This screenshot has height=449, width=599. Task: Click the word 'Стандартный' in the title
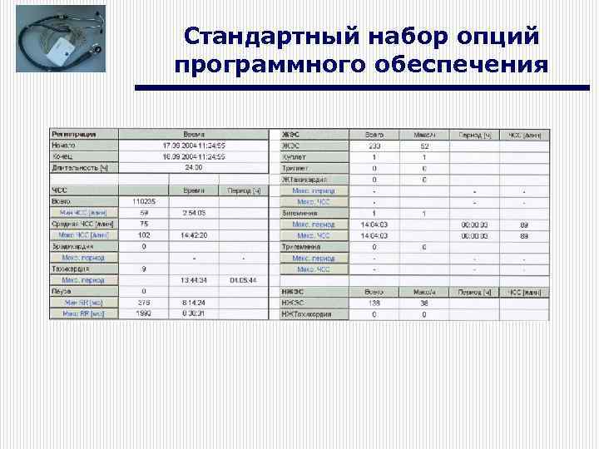[251, 37]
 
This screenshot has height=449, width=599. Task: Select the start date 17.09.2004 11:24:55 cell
[194, 145]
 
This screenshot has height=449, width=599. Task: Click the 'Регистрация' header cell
[74, 134]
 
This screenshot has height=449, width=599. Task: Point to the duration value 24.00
[194, 167]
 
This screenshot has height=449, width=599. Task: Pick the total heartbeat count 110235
[144, 201]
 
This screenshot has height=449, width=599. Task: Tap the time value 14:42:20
[194, 235]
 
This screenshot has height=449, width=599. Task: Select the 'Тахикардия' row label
[71, 269]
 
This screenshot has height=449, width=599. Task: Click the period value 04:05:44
[245, 280]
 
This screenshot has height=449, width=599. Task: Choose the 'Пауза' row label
[63, 291]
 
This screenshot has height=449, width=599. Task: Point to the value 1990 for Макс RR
[144, 314]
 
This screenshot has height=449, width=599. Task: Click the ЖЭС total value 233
[374, 146]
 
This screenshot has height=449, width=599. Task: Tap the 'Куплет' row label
[295, 156]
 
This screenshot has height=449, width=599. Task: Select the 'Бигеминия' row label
[300, 213]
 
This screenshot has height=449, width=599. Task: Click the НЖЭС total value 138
[374, 303]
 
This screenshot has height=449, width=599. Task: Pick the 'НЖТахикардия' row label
[307, 314]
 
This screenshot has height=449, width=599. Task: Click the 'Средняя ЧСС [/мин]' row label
[82, 224]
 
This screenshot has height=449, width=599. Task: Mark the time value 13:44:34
[194, 280]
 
